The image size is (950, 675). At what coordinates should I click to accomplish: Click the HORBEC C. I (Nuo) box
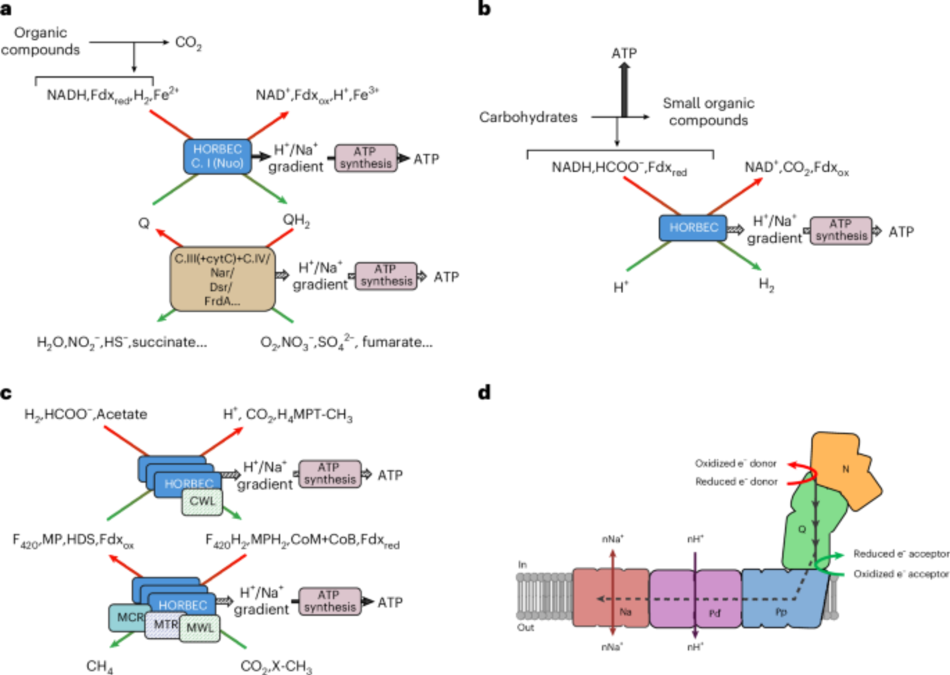pyautogui.click(x=218, y=156)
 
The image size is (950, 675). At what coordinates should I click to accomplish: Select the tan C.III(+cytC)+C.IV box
pyautogui.click(x=222, y=279)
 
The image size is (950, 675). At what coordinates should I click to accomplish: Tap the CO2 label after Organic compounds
pyautogui.click(x=188, y=43)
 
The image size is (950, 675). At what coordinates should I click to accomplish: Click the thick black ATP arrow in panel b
pyautogui.click(x=624, y=90)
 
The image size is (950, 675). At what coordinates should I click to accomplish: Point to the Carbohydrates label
pyautogui.click(x=528, y=117)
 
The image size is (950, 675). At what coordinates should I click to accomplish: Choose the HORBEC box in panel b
pyautogui.click(x=693, y=228)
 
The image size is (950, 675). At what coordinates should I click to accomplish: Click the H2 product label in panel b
pyautogui.click(x=766, y=285)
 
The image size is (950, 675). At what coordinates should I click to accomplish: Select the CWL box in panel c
pyautogui.click(x=202, y=502)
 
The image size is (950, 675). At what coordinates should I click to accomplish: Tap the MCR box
pyautogui.click(x=126, y=617)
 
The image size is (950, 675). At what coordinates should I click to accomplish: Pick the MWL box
pyautogui.click(x=200, y=628)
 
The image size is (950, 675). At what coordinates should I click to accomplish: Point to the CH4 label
pyautogui.click(x=100, y=666)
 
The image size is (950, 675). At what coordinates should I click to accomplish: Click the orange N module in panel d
pyautogui.click(x=845, y=469)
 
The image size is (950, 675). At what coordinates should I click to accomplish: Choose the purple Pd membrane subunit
pyautogui.click(x=695, y=599)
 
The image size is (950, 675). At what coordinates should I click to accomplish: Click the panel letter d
pyautogui.click(x=484, y=393)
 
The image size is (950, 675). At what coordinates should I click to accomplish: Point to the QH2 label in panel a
pyautogui.click(x=296, y=220)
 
